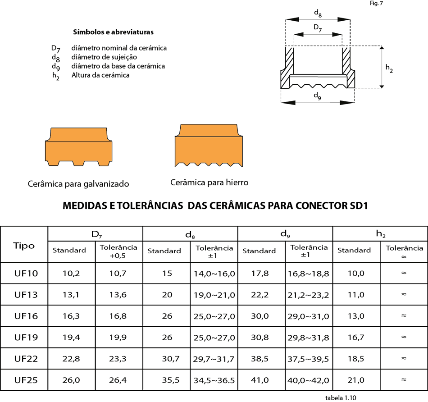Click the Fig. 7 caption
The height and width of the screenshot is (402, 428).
[376, 3]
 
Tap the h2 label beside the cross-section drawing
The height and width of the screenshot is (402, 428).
[389, 68]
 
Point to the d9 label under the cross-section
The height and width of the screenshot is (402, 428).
[317, 96]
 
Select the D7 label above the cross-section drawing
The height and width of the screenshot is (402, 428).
[318, 28]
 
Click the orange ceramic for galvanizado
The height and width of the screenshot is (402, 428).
[78, 147]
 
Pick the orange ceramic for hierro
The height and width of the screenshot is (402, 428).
[209, 145]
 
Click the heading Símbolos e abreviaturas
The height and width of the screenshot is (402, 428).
[113, 32]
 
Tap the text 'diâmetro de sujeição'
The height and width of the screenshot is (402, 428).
[104, 57]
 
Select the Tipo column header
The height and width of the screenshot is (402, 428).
[24, 246]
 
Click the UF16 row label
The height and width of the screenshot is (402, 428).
[26, 316]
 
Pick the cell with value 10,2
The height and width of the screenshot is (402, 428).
[71, 274]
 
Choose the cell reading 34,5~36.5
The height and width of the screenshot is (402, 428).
[214, 380]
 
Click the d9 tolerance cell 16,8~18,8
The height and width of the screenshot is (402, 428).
[309, 274]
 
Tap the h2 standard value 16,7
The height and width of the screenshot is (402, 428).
[356, 337]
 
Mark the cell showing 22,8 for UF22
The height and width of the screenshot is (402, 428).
[71, 359]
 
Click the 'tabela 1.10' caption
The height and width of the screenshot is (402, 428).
[341, 397]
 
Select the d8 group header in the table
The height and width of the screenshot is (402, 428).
[190, 234]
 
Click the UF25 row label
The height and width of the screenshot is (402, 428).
[26, 380]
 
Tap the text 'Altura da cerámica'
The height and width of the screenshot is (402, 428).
[100, 75]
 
